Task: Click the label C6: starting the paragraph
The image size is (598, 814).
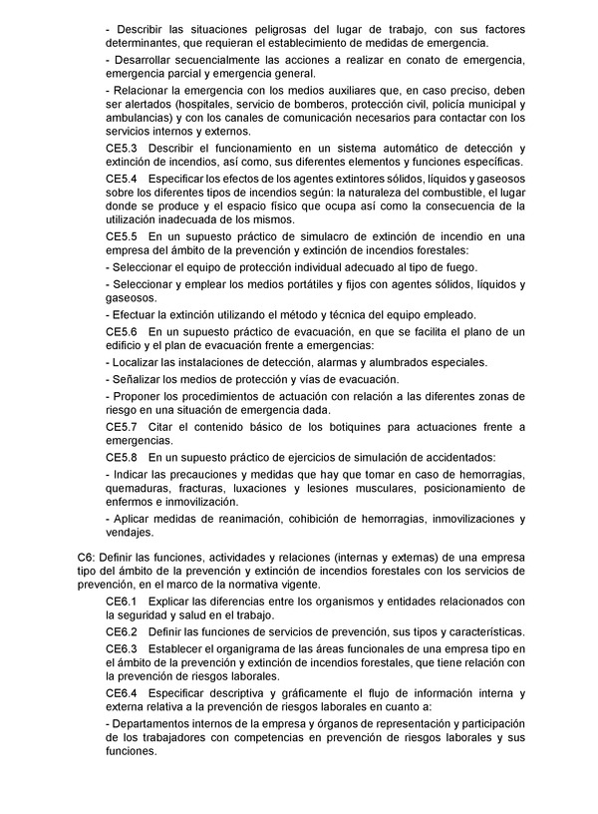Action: pos(88,557)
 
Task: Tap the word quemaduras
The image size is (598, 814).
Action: pos(140,489)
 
